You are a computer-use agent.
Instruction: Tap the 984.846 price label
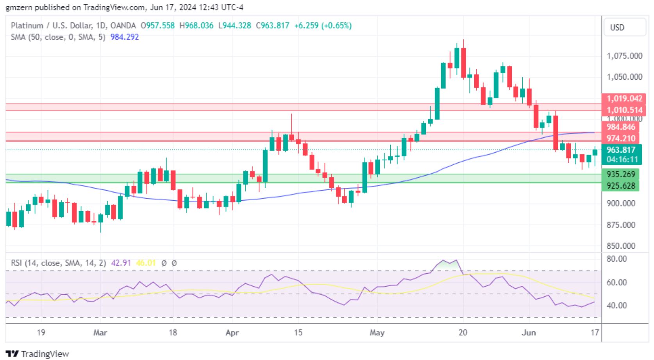[621, 127]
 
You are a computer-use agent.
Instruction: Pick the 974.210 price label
[621, 138]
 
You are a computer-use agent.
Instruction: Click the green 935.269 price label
[621, 174]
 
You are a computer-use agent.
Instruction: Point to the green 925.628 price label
[621, 185]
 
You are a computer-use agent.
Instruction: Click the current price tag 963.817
[621, 150]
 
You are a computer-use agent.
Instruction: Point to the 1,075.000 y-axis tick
[624, 56]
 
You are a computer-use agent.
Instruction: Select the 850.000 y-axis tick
[621, 246]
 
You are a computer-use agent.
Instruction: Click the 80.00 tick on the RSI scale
[616, 259]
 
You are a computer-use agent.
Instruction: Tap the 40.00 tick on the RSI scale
[616, 305]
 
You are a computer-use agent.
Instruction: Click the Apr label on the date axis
[232, 333]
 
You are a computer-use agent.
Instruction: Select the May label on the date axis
[377, 333]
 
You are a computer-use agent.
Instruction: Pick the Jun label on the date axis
[529, 333]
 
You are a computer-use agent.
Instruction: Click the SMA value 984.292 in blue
[125, 37]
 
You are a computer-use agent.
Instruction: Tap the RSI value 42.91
[121, 263]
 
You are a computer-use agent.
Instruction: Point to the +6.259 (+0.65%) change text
[323, 26]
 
